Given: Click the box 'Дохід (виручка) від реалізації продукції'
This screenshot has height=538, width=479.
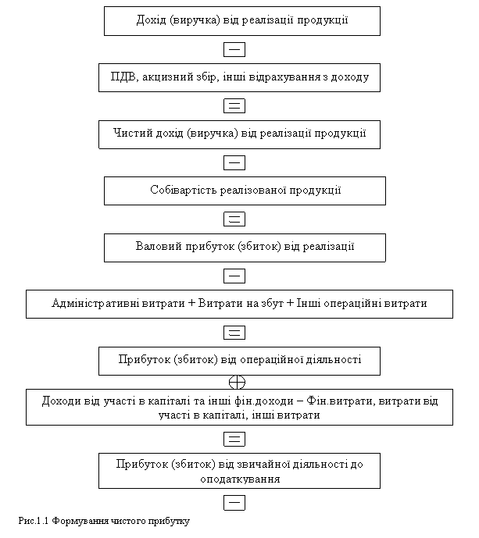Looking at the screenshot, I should pos(241,21).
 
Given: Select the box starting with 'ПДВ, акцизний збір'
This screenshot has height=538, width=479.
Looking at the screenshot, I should pos(241,78).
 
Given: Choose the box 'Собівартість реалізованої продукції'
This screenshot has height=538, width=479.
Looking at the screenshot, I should pos(245,191).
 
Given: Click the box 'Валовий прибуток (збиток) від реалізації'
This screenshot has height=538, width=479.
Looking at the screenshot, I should pos(245,248).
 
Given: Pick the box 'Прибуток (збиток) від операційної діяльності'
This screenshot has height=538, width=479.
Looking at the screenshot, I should pos(239,361).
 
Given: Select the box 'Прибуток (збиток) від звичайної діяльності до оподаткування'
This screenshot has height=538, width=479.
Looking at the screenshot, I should pos(239,472).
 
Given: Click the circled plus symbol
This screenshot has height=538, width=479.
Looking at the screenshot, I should pos(238,382).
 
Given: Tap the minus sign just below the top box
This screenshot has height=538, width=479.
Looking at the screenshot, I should pos(234,50).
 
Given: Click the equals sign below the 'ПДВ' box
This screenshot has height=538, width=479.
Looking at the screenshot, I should pos(234,105).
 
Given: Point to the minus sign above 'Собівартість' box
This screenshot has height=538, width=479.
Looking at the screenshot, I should pos(234,162).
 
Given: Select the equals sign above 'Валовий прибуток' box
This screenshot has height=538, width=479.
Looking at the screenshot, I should pos(234,219).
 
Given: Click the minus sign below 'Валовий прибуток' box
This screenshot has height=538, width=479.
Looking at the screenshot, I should pos(234,276).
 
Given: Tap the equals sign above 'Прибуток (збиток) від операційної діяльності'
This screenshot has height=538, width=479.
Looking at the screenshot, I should pos(234,333).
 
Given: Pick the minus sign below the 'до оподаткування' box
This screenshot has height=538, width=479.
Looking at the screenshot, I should pos(234,502).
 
